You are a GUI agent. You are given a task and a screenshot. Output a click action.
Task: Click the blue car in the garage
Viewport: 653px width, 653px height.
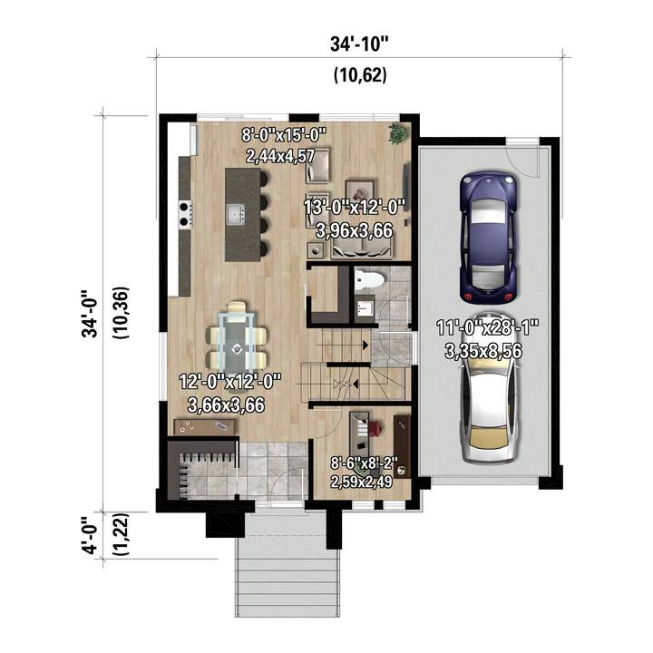tap(489, 237)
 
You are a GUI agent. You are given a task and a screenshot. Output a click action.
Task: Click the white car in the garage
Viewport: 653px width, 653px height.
tap(489, 389)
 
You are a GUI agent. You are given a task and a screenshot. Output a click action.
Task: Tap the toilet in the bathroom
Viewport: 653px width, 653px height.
tap(368, 279)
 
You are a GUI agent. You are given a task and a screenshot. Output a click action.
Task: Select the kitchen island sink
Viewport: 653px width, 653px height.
tap(236, 214)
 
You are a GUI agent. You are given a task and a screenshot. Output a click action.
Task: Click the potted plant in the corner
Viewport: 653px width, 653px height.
tap(398, 133)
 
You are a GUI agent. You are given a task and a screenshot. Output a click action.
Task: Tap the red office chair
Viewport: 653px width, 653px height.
tap(375, 429)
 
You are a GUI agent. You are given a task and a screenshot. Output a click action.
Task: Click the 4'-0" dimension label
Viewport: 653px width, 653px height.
tap(90, 536)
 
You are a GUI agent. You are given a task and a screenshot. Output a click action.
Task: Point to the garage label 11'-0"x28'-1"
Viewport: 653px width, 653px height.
tap(488, 326)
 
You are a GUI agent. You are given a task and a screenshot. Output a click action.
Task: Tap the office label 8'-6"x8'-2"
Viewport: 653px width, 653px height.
tap(365, 463)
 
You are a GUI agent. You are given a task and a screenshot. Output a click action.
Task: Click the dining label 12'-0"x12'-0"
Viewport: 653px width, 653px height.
tap(230, 382)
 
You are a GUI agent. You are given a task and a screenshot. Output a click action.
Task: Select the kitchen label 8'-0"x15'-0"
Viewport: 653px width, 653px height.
tap(284, 135)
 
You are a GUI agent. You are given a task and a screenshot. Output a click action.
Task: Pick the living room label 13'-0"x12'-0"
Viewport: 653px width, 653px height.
tap(355, 207)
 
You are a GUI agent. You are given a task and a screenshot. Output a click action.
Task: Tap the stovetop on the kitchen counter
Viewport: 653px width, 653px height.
tap(186, 214)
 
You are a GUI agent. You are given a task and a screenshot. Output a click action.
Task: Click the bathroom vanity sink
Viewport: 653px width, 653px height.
tap(365, 308)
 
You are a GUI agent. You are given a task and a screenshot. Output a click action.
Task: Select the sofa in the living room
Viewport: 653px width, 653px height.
tap(362, 250)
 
